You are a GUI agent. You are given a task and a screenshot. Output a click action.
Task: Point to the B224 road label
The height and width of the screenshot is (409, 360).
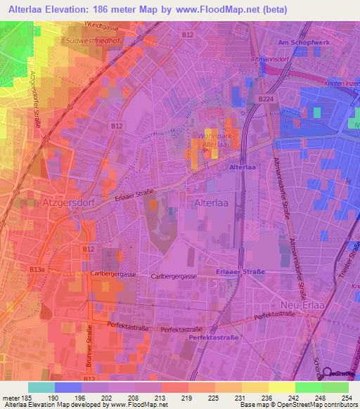(266, 100)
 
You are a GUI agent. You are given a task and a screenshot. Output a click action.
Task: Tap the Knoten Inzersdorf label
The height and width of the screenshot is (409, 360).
(341, 85)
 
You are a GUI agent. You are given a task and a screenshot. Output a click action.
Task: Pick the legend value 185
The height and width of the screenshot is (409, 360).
(27, 397)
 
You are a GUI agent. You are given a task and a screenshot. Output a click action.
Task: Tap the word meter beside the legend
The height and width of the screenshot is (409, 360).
(11, 397)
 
